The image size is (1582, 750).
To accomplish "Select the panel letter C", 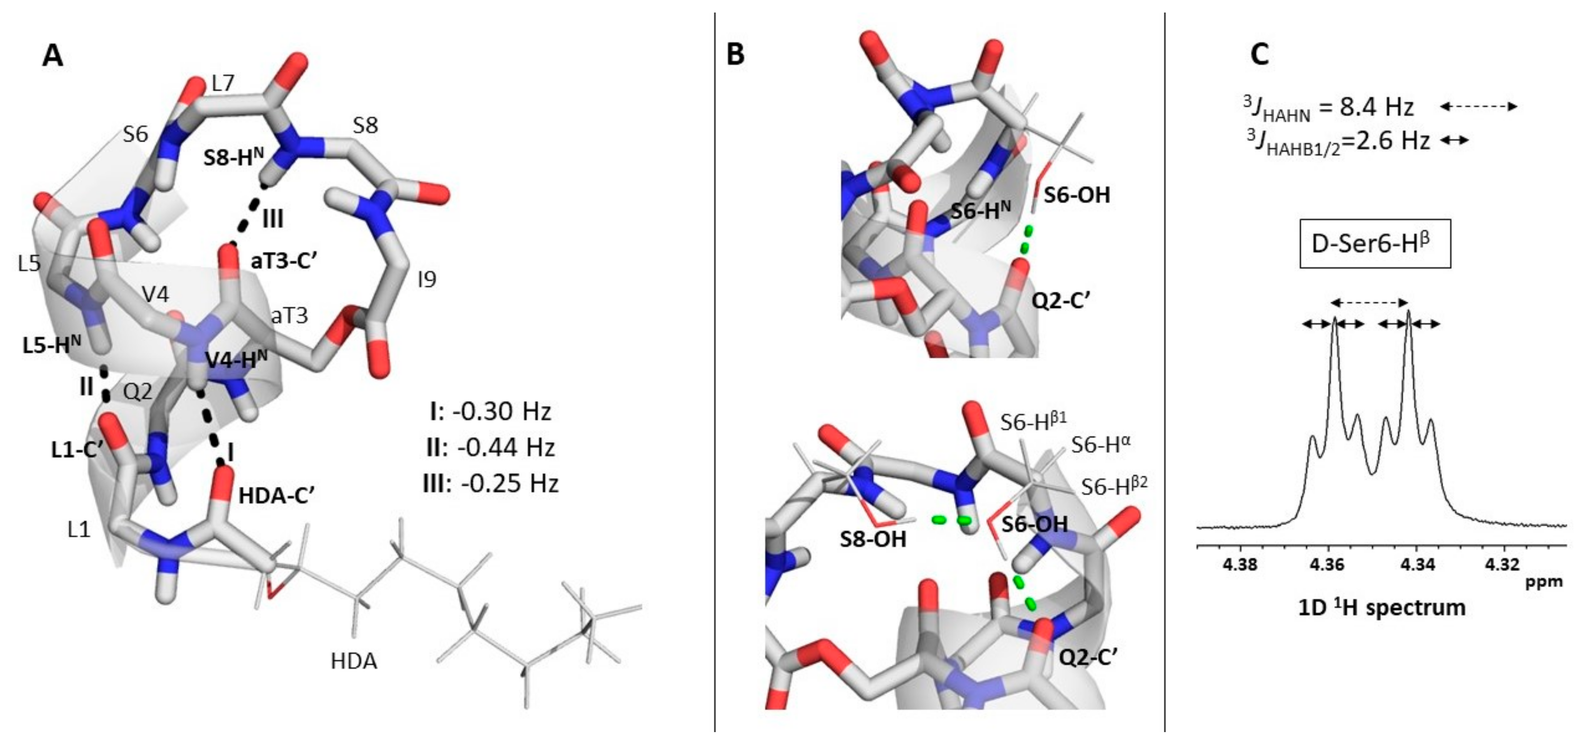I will [1259, 56].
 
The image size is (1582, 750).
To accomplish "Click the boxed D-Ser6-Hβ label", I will [1374, 244].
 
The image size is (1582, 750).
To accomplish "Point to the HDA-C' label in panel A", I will [277, 496].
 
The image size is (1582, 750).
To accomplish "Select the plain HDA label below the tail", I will [354, 661].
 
